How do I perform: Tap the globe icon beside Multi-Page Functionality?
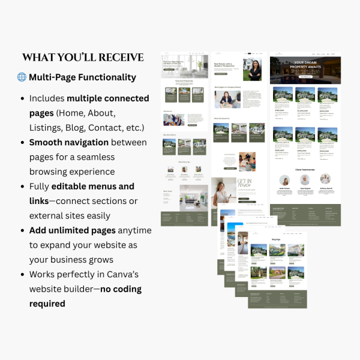[22, 77]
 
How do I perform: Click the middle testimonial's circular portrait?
[305, 179]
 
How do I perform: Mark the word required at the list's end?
[47, 304]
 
